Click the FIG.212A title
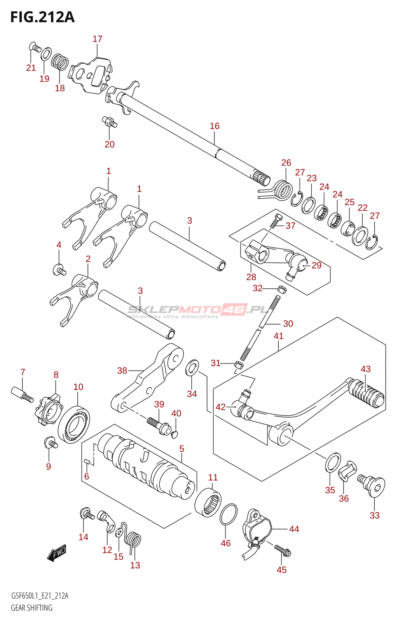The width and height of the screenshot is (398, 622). click(42, 17)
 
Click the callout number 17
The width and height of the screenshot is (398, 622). click(98, 39)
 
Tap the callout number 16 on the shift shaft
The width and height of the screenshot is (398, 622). click(215, 126)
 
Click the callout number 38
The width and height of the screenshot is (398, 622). click(122, 370)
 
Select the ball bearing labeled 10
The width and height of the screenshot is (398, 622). click(74, 425)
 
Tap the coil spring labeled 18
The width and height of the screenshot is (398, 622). click(60, 62)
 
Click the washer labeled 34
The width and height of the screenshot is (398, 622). click(192, 369)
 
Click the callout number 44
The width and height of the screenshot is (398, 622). click(294, 529)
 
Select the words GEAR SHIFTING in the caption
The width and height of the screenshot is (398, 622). click(31, 608)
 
